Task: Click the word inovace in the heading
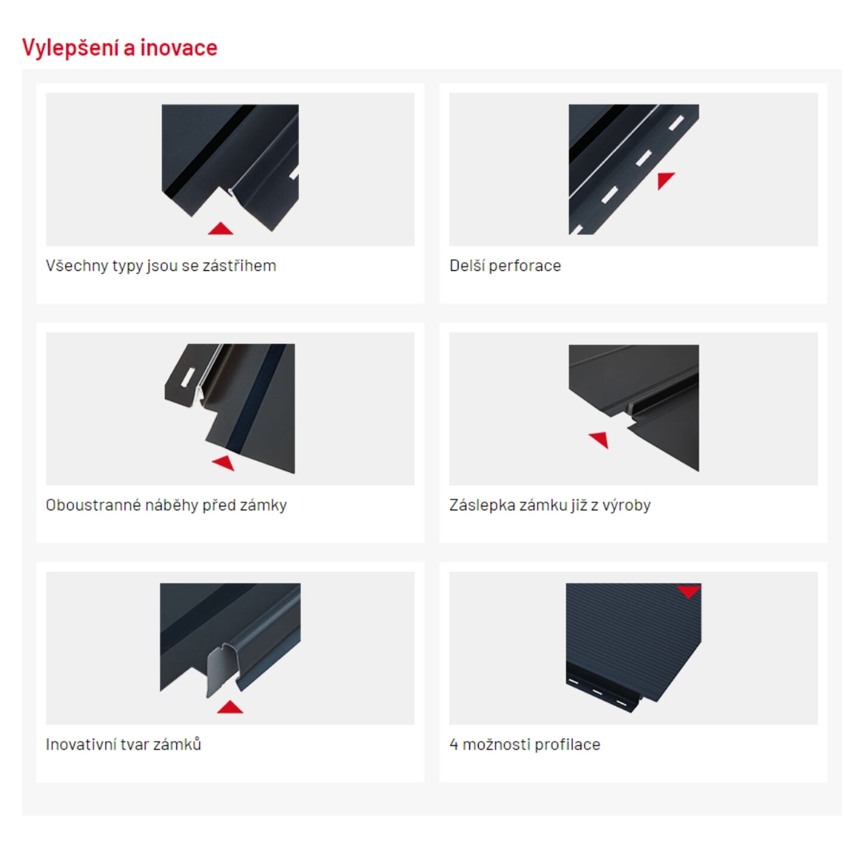click(179, 47)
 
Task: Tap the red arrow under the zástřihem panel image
click(220, 229)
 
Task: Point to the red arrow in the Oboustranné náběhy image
click(224, 463)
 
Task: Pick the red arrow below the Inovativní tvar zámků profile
click(230, 707)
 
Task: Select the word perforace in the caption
click(524, 266)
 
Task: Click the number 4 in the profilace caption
click(453, 744)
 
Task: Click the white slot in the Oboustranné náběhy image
click(188, 376)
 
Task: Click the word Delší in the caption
click(467, 266)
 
